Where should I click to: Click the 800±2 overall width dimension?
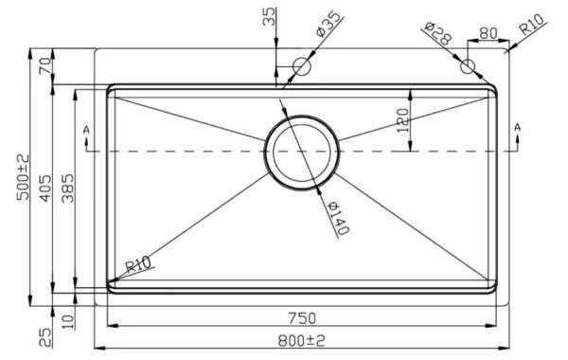click(301, 340)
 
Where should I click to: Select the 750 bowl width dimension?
click(302, 318)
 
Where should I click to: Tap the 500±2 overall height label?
click(24, 177)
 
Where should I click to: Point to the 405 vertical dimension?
click(45, 189)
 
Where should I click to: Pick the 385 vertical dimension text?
click(68, 189)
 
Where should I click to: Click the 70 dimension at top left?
click(45, 65)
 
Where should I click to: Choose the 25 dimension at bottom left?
click(45, 337)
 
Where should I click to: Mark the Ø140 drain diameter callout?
click(339, 218)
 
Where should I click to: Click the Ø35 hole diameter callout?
click(328, 25)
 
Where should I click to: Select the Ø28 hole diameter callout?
click(438, 33)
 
